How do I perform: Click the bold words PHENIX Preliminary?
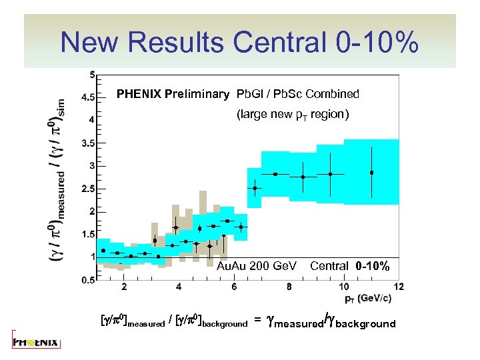click(x=173, y=94)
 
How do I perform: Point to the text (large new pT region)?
click(x=293, y=115)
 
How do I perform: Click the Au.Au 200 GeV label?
click(x=257, y=267)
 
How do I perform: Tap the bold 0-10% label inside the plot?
click(x=373, y=267)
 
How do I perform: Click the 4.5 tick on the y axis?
click(x=87, y=97)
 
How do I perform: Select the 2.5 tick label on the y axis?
click(x=87, y=189)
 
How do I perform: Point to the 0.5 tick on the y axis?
click(x=87, y=281)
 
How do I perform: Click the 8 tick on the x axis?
click(x=289, y=287)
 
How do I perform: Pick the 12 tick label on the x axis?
click(x=399, y=287)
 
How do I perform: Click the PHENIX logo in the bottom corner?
click(x=36, y=343)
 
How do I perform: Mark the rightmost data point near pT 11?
click(x=372, y=173)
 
